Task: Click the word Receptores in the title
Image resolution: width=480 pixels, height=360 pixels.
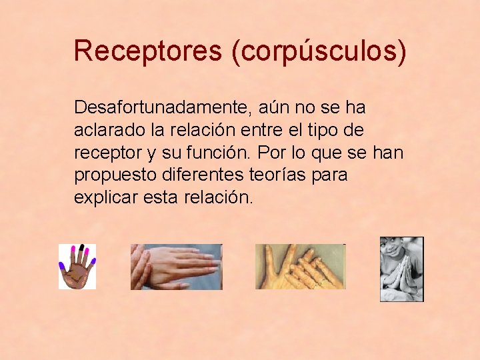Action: pyautogui.click(x=147, y=51)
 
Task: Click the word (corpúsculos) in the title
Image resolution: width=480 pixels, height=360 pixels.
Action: pyautogui.click(x=319, y=52)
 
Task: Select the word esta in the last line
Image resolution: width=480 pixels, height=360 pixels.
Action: pyautogui.click(x=161, y=198)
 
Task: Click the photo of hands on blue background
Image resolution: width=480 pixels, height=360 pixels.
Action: pyautogui.click(x=176, y=267)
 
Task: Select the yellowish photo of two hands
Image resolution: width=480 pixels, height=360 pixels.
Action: pyautogui.click(x=301, y=267)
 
